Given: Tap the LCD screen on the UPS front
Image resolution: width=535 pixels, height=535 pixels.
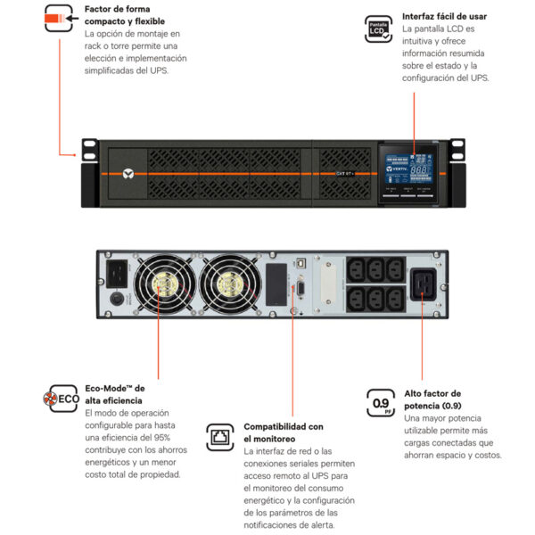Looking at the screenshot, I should click(404, 167).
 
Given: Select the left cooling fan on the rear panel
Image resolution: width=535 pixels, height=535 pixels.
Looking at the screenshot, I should click(162, 287).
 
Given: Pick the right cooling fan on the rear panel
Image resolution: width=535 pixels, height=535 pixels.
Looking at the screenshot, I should click(229, 287).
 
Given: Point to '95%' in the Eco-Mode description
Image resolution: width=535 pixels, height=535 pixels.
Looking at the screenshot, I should click(157, 439).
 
